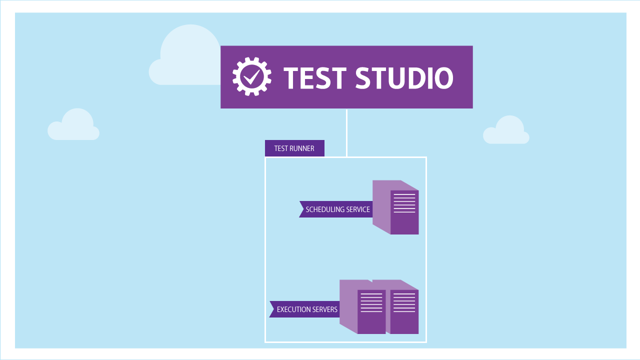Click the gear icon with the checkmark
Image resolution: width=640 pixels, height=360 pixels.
[252, 76]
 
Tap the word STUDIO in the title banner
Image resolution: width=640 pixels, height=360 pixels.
[404, 78]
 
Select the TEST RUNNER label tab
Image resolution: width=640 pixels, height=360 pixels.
[294, 148]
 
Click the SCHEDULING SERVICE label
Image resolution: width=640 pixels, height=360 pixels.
[337, 209]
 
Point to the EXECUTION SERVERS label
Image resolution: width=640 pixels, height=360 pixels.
[306, 309]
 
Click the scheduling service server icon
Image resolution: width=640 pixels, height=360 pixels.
[396, 207]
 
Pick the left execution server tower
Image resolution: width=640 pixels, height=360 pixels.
[363, 307]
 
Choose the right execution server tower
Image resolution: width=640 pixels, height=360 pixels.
[402, 307]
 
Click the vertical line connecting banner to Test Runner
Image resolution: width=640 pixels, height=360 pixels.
[346, 132]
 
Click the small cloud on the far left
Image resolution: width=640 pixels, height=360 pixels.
[73, 125]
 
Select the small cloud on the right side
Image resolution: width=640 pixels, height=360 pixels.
[506, 131]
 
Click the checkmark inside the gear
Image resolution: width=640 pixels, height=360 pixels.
[252, 76]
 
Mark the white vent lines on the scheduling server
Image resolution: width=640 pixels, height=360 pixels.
[404, 203]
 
